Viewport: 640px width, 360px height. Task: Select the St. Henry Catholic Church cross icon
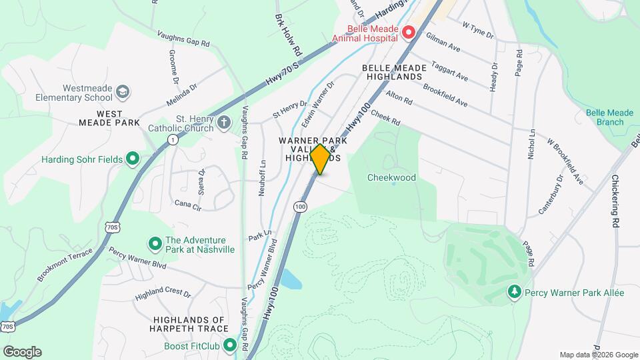(224, 122)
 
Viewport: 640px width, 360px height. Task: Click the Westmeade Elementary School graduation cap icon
(122, 91)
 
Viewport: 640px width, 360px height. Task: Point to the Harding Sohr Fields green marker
(132, 159)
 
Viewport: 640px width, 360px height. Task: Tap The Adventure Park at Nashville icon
(155, 244)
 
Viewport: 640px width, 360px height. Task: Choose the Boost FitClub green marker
(230, 345)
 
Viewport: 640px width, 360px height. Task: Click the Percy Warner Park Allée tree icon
(514, 293)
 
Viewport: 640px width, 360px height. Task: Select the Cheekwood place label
(392, 178)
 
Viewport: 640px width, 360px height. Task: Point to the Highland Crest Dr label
(163, 294)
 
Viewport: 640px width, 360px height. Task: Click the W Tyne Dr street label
(477, 29)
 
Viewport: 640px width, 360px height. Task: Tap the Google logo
(22, 351)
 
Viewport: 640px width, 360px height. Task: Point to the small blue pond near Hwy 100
(291, 279)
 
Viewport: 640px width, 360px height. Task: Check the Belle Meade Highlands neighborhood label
(393, 72)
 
